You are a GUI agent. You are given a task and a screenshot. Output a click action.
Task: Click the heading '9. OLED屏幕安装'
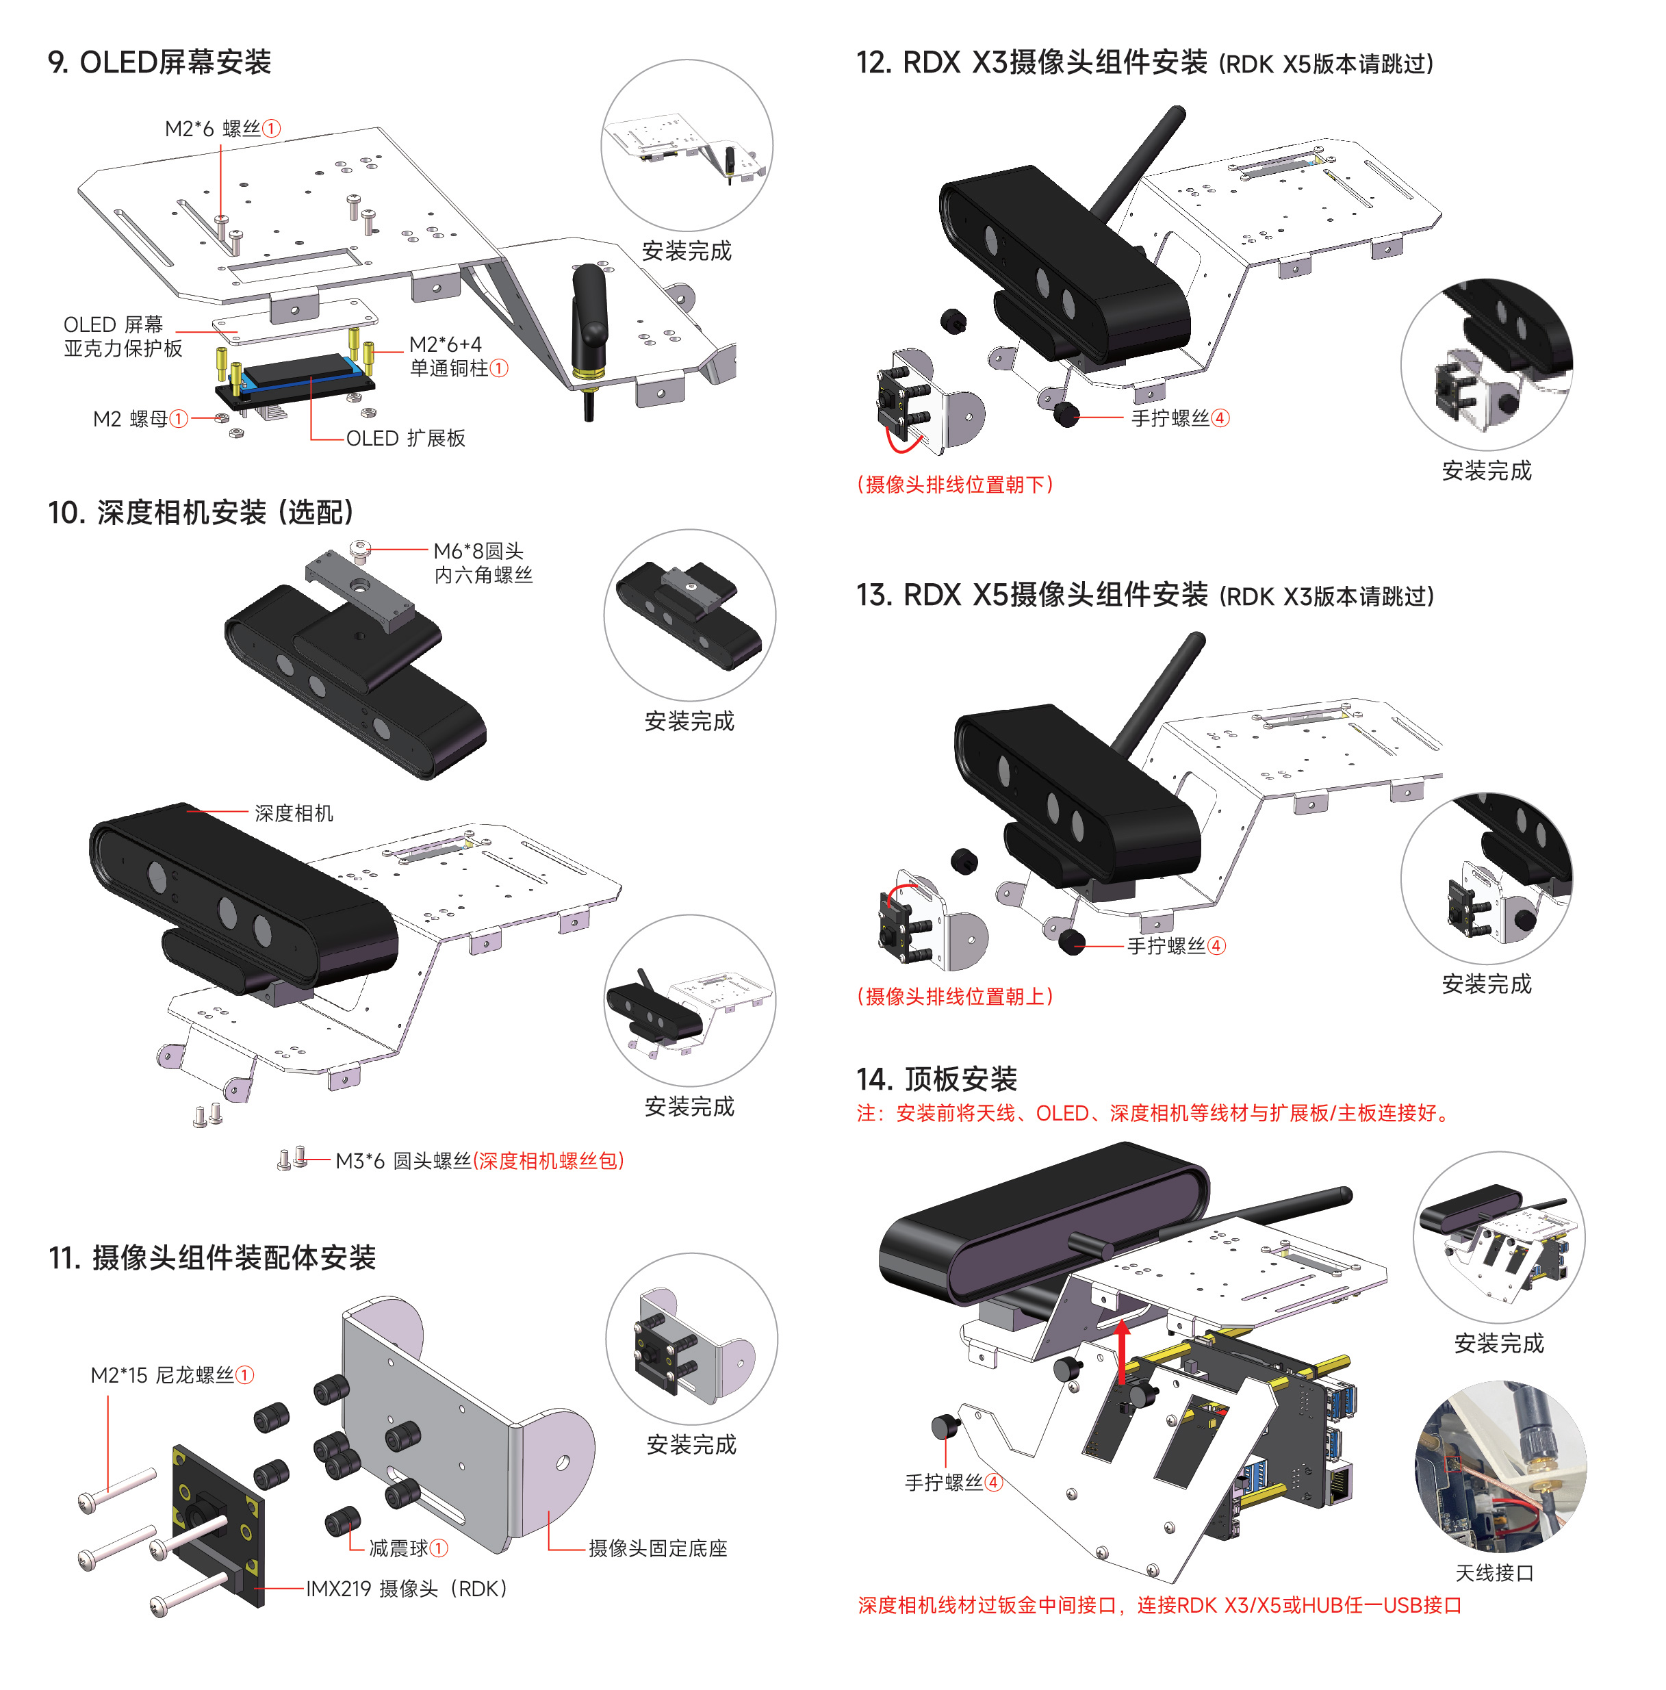click(x=159, y=62)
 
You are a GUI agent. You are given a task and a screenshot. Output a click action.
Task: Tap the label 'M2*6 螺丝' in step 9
click(x=222, y=129)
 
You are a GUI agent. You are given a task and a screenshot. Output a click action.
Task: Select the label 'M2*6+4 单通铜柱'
click(x=457, y=356)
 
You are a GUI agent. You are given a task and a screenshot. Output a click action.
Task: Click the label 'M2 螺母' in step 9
click(x=140, y=419)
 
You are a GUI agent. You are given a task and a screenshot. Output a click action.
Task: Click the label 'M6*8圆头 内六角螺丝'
click(x=482, y=563)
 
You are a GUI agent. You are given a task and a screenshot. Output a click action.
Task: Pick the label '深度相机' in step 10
click(x=293, y=812)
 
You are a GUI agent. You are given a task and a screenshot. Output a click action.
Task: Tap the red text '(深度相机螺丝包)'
click(x=548, y=1161)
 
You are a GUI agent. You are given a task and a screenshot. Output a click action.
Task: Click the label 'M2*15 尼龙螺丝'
click(x=171, y=1375)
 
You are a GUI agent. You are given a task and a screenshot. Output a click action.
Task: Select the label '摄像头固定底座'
click(x=658, y=1548)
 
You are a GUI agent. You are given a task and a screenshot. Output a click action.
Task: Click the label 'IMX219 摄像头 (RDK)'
click(x=407, y=1589)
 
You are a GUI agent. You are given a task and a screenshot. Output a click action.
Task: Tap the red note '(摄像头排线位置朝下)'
click(x=955, y=485)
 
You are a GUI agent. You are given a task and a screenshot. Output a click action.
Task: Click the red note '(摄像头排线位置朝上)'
click(x=955, y=997)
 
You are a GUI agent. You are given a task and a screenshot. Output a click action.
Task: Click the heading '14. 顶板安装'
click(x=936, y=1079)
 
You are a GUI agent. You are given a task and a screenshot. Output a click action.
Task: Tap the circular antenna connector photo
click(x=1500, y=1466)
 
